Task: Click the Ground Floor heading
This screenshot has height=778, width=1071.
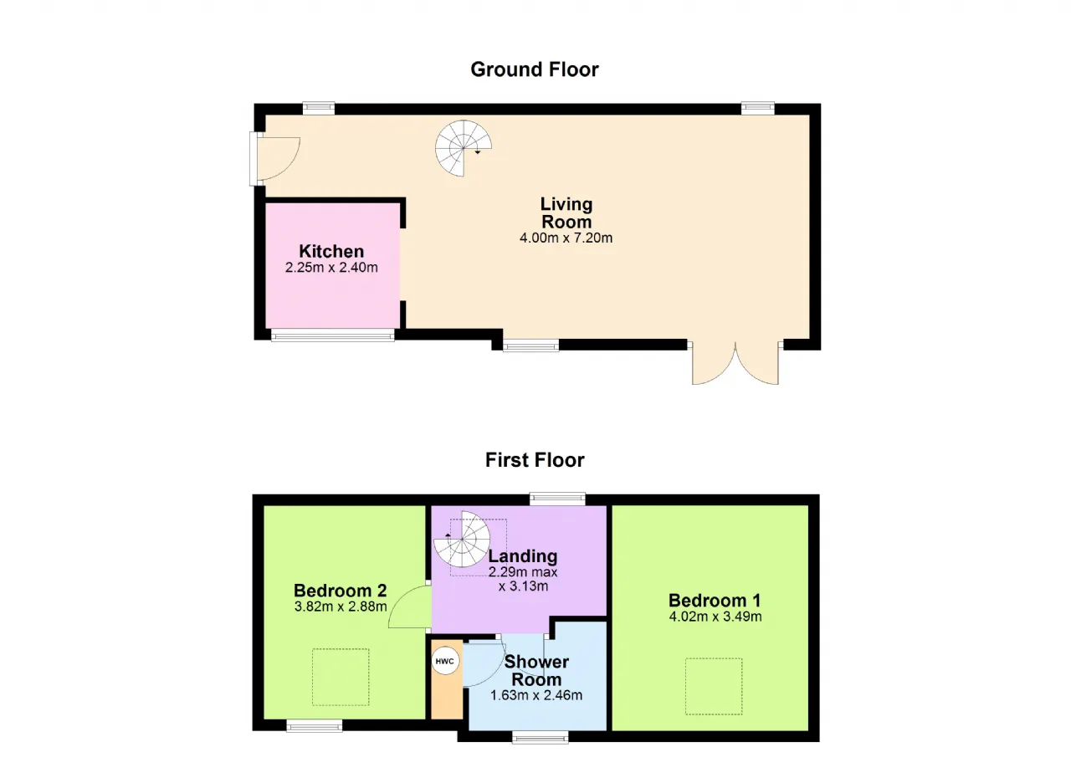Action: [535, 69]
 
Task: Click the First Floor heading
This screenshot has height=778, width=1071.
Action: [535, 460]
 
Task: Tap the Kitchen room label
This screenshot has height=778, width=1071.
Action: [331, 251]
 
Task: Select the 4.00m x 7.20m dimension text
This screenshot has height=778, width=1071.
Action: [566, 238]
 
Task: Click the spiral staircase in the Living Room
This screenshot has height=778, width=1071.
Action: [463, 148]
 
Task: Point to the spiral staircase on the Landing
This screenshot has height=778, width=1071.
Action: [462, 540]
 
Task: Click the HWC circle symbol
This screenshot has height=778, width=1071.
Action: [445, 662]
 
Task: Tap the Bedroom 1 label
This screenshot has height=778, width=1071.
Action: [715, 600]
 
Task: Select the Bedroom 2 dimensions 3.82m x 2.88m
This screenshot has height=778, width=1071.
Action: [341, 607]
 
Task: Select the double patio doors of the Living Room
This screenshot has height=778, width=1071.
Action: [735, 364]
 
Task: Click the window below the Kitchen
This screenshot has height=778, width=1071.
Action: [333, 335]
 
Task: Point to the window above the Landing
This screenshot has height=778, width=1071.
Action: [557, 499]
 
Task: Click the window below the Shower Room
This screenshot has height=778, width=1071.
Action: [541, 738]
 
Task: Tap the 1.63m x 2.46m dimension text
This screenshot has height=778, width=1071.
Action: [536, 695]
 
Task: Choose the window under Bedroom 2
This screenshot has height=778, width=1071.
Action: [315, 726]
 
